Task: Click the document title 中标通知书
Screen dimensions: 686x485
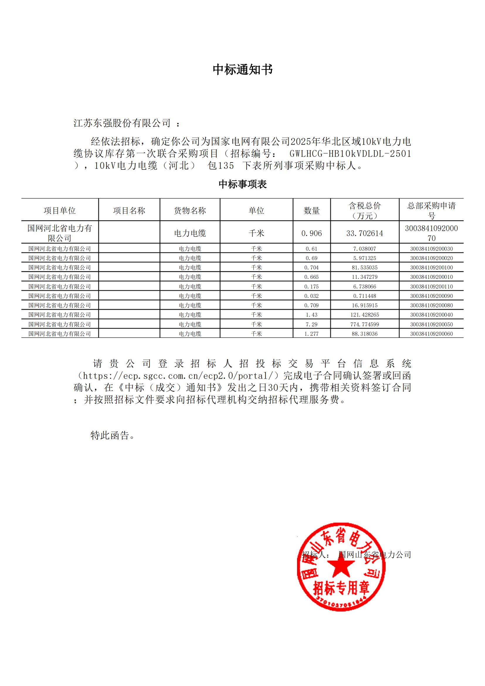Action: (242, 70)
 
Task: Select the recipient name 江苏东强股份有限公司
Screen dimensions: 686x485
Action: (122, 123)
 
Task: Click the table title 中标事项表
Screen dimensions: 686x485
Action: (242, 184)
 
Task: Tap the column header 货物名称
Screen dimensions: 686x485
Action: (190, 211)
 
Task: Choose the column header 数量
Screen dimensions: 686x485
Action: (311, 211)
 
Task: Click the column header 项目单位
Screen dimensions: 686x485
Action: (60, 211)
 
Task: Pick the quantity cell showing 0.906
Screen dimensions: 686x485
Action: (311, 233)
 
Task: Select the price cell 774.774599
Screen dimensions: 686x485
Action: (365, 324)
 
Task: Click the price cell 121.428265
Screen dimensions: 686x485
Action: (365, 315)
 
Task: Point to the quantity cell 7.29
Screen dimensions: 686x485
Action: (311, 324)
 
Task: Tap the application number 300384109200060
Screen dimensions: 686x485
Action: (431, 334)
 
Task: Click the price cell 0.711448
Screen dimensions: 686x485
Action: (365, 296)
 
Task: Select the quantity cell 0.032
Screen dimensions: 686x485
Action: (311, 296)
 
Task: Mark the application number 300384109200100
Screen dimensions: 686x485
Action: (431, 267)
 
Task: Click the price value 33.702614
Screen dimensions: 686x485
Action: (365, 233)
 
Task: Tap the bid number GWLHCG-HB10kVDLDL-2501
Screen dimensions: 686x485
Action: (350, 154)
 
